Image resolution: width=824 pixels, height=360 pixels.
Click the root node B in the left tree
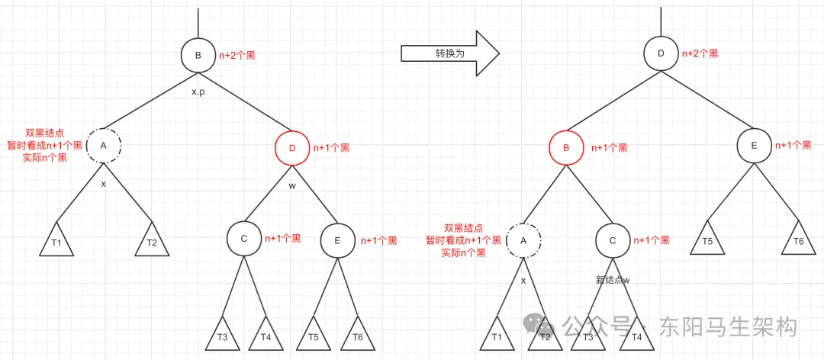[x=198, y=55]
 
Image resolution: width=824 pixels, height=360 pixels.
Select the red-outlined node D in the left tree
[x=292, y=148]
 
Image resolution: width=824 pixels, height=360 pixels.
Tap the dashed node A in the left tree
[x=104, y=145]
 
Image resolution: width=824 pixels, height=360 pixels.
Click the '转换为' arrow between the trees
[x=450, y=53]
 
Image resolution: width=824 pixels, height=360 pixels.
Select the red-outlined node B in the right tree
[x=566, y=148]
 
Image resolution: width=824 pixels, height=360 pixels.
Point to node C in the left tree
[x=244, y=239]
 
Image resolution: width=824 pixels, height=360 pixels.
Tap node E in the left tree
[x=338, y=239]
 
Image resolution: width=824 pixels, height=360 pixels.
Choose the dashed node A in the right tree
[x=523, y=240]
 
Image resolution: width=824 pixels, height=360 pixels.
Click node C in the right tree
[x=612, y=240]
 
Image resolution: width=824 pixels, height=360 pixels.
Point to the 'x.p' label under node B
[x=198, y=92]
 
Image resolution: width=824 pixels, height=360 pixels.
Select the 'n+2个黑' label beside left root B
[x=240, y=54]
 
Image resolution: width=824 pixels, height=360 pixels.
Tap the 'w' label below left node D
[x=292, y=185]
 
